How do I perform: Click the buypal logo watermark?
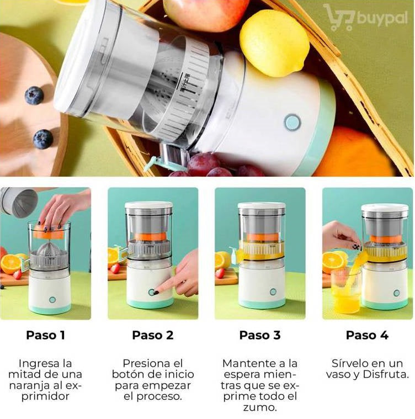click(x=365, y=17)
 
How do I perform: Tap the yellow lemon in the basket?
click(x=274, y=43)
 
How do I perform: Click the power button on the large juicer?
click(x=292, y=123)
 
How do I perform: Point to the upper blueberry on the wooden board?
click(x=34, y=95)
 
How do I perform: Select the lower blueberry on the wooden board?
click(x=42, y=139)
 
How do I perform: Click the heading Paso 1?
click(x=46, y=335)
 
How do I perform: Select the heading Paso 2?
click(x=153, y=335)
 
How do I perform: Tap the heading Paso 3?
click(x=260, y=335)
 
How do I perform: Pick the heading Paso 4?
click(x=367, y=335)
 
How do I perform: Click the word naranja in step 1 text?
click(x=35, y=385)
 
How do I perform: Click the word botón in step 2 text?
click(x=128, y=374)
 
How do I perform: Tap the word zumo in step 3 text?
click(x=260, y=407)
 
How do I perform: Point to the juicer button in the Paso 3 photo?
click(x=273, y=291)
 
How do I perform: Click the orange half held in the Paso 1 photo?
click(x=49, y=231)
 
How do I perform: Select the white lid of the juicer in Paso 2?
click(x=149, y=205)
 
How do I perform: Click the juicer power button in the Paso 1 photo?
click(x=52, y=300)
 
